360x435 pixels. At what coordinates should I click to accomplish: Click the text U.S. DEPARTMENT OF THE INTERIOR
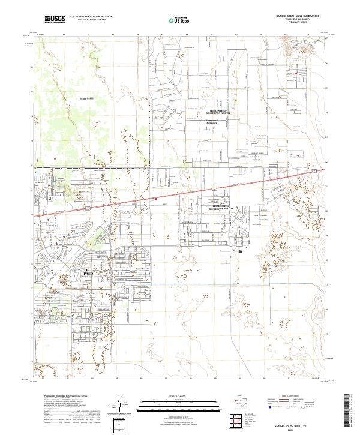(x=91, y=17)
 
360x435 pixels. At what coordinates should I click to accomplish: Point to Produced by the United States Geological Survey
(x=66, y=396)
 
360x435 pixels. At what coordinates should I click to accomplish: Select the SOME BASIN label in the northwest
(x=87, y=98)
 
